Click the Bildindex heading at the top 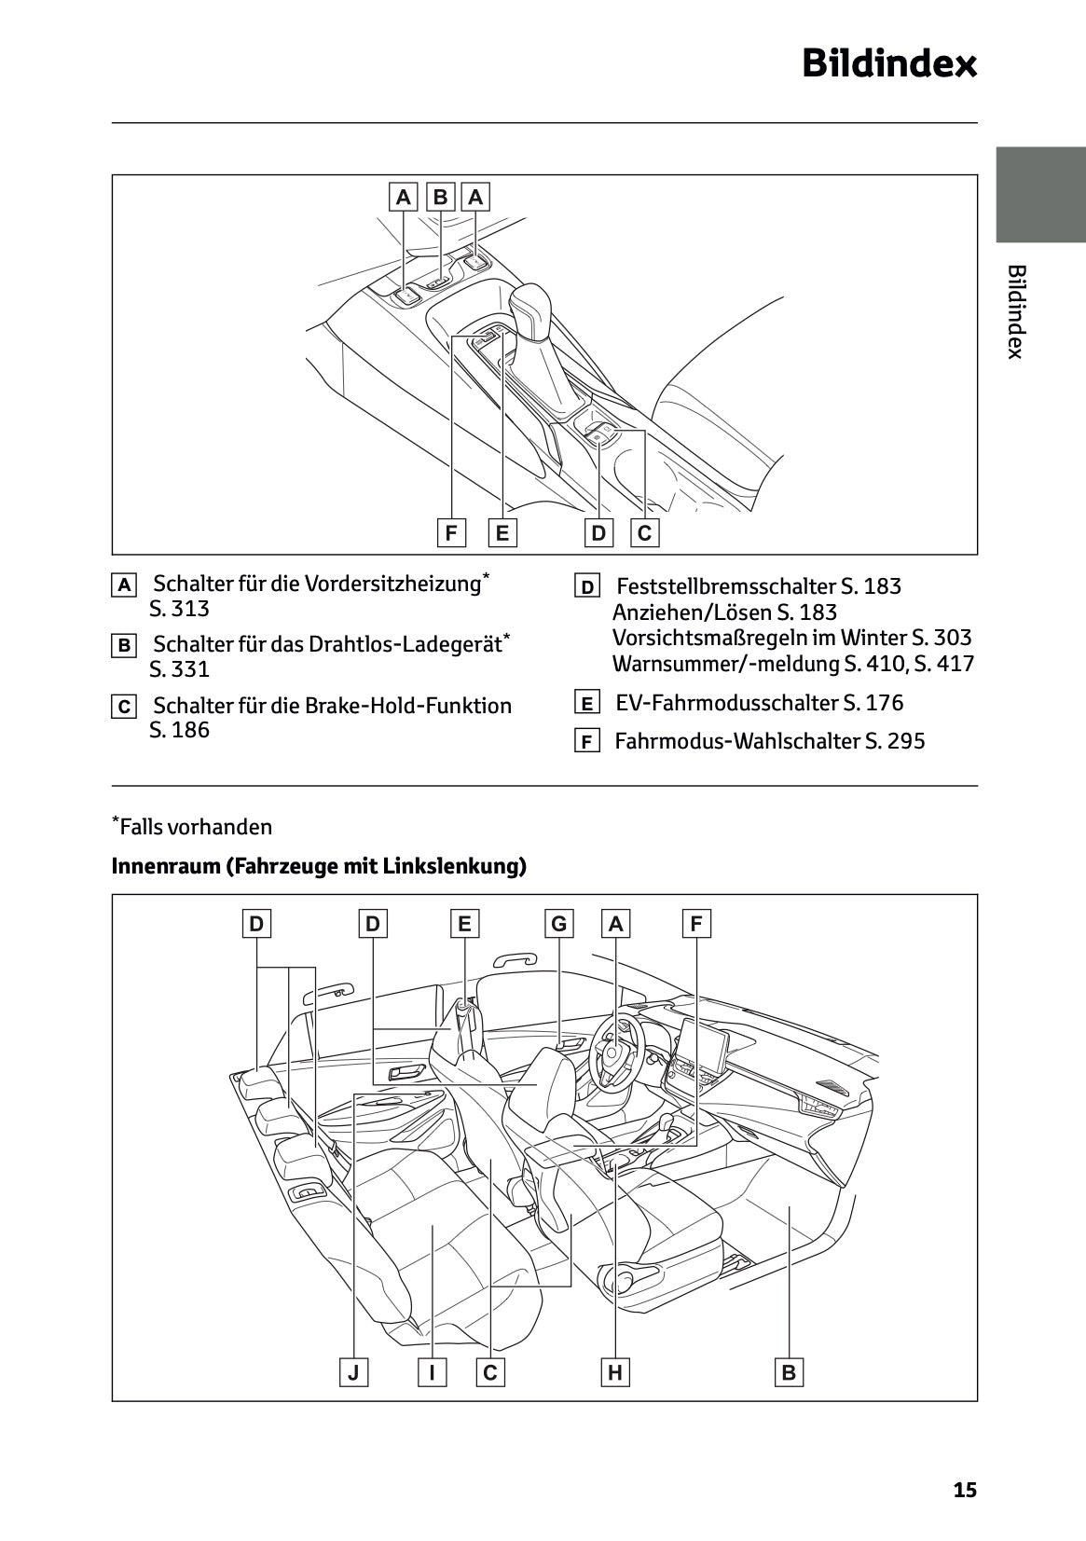tap(889, 64)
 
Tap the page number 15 tap(965, 1490)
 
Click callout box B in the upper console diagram tap(440, 197)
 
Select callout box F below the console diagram tap(451, 533)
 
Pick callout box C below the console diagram tap(644, 533)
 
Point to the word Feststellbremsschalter tap(726, 586)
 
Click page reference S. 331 tap(179, 669)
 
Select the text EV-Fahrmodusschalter tap(727, 703)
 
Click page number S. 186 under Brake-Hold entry tap(179, 730)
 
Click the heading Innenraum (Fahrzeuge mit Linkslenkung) tap(319, 866)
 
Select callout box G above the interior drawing tap(558, 924)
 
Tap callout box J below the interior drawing tap(353, 1372)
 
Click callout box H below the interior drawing tap(615, 1372)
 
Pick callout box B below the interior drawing tap(789, 1372)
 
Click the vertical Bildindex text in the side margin tap(1016, 311)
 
